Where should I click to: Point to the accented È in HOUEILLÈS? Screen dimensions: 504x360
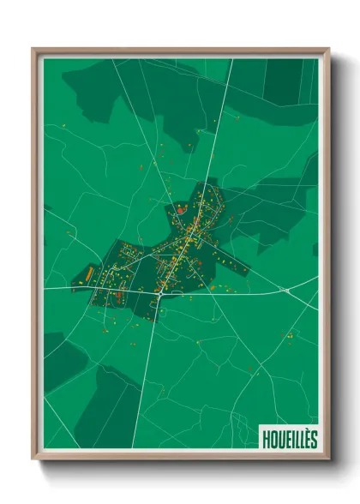(x=306, y=438)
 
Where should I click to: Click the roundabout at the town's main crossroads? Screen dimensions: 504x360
(x=159, y=293)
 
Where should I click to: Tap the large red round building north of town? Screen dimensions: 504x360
(x=181, y=207)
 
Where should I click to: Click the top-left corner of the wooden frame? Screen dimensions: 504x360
(x=33, y=49)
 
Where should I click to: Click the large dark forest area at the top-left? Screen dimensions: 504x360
(x=129, y=86)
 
